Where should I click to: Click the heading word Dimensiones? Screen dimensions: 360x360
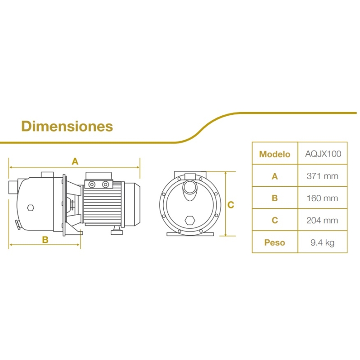click(67, 126)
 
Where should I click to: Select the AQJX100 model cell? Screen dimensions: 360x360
click(323, 154)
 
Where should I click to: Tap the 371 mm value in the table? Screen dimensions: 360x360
click(323, 176)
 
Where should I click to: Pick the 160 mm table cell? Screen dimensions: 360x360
click(323, 198)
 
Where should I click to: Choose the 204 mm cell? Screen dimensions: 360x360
click(322, 220)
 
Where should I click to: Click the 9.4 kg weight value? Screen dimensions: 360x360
click(323, 243)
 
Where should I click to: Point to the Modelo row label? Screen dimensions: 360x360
click(274, 154)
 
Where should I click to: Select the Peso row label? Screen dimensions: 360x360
click(274, 243)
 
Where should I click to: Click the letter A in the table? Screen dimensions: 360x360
click(275, 176)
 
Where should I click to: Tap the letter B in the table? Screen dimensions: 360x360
click(275, 198)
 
